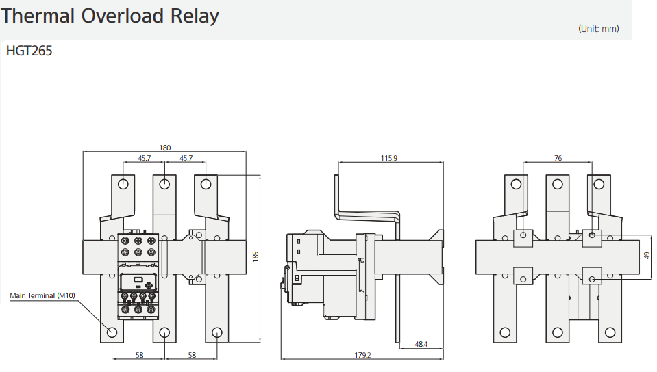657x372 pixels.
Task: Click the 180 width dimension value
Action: coord(164,148)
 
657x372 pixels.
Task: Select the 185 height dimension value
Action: coord(256,256)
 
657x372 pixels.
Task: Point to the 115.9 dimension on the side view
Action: coord(389,158)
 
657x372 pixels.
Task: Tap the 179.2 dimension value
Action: coord(362,355)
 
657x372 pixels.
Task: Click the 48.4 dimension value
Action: coord(421,344)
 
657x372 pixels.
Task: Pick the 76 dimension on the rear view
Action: coord(558,158)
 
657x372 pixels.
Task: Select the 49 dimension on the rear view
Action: coord(647,255)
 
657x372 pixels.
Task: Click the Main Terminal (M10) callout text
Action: coord(42,295)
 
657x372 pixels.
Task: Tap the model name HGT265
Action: coord(29,51)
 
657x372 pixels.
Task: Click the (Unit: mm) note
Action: coord(598,29)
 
